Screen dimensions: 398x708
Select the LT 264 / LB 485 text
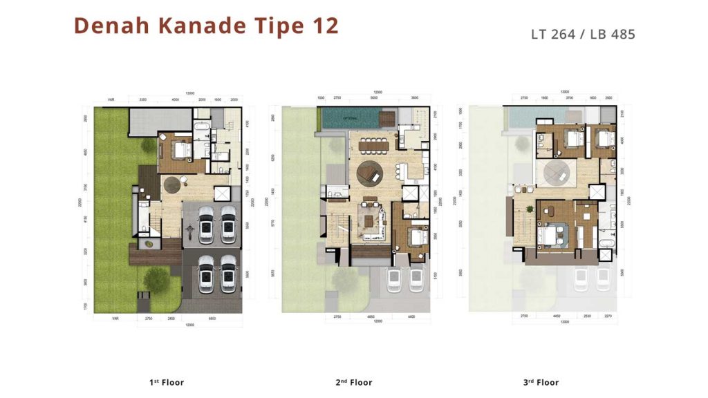pyautogui.click(x=582, y=33)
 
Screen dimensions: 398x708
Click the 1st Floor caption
pyautogui.click(x=167, y=382)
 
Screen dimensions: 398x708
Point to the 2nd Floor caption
pyautogui.click(x=355, y=382)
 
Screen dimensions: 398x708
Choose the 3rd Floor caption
pyautogui.click(x=541, y=382)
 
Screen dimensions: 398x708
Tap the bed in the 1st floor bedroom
pyautogui.click(x=182, y=149)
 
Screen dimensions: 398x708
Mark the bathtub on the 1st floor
pyautogui.click(x=201, y=127)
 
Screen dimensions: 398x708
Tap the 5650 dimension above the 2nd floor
pyautogui.click(x=374, y=98)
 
